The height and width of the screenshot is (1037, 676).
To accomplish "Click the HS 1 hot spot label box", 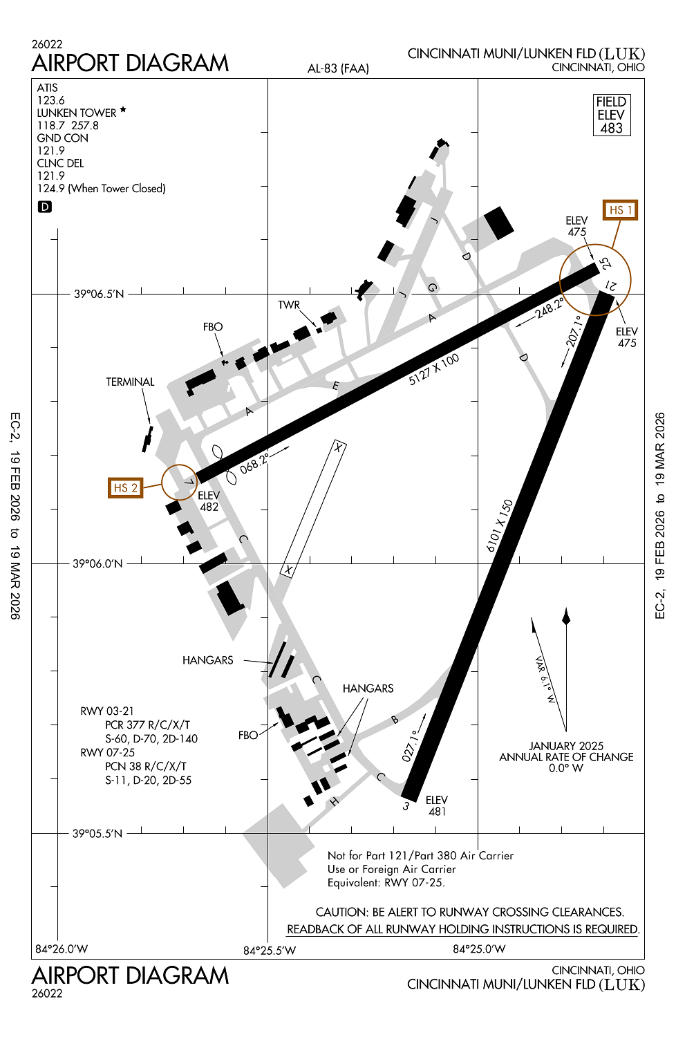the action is (620, 210).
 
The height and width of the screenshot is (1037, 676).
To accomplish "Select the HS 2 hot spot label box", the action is (126, 488).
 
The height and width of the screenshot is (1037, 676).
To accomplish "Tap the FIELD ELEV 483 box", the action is (612, 115).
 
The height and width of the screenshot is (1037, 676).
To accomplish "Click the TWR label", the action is (289, 305).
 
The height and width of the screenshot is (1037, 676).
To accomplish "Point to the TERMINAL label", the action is (130, 382).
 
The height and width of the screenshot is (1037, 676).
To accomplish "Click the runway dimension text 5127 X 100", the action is (434, 369).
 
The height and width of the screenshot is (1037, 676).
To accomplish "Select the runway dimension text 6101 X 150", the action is (500, 526).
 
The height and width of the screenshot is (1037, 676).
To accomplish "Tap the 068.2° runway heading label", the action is (254, 463).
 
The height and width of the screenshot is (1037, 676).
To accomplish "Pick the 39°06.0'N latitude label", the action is (97, 563).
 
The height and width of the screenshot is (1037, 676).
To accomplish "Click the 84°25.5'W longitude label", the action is (270, 951).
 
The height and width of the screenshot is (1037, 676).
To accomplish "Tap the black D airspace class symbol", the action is (44, 207).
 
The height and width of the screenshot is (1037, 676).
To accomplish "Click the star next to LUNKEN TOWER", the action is (123, 110).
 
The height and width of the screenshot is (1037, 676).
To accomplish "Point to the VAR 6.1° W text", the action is (545, 680).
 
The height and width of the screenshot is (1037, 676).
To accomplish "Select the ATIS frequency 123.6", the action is (51, 100).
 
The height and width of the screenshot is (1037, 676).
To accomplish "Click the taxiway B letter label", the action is (395, 720).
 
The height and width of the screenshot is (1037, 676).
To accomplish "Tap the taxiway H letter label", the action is (334, 801).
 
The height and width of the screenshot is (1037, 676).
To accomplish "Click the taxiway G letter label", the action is (433, 288).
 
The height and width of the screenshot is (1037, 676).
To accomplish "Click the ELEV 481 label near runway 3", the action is (437, 805).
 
